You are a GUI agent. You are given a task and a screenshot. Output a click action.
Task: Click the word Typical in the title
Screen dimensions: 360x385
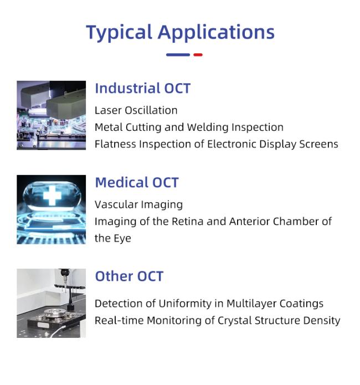point(119,33)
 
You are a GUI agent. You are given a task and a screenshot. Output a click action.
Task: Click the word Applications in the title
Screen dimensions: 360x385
point(216,32)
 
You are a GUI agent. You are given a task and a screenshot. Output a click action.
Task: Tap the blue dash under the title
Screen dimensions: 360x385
point(178,55)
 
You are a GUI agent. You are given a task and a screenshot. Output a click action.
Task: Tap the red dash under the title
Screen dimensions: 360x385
point(198,55)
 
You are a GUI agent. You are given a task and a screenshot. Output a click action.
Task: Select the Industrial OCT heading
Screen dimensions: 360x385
point(143,88)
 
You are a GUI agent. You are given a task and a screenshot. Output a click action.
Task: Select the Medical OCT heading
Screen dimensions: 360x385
point(137,182)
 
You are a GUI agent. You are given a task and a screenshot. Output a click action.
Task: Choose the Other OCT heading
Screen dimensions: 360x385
point(129,276)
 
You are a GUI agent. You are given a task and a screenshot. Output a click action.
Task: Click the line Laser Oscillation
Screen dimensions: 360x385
point(136,110)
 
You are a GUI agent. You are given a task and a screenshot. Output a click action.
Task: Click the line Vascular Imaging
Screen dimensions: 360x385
point(139,205)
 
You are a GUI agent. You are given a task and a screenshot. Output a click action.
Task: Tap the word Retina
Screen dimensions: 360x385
point(187,222)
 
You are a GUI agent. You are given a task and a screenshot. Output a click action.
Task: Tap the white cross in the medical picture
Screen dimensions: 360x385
point(52,196)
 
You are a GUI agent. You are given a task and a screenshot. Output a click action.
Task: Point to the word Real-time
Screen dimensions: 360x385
point(119,321)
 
